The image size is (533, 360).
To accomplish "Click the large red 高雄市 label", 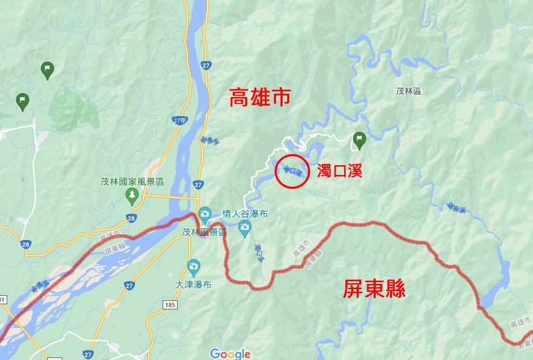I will pos(260,98).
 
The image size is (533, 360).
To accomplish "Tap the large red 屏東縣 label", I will pos(374,289).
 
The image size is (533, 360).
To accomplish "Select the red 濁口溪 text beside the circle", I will pos(339,172).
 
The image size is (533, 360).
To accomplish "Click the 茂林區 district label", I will pos(408,92).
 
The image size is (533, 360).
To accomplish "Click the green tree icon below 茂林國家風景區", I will pos(132,195).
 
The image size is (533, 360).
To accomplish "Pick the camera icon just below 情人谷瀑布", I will pos(245,230).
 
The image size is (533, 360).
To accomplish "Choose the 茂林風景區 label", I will pos(204,232).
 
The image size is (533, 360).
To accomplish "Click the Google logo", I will pos(230,353).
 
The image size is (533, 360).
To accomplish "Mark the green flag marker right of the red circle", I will pos(359,138).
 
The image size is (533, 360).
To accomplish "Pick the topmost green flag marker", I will pos(47,69).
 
